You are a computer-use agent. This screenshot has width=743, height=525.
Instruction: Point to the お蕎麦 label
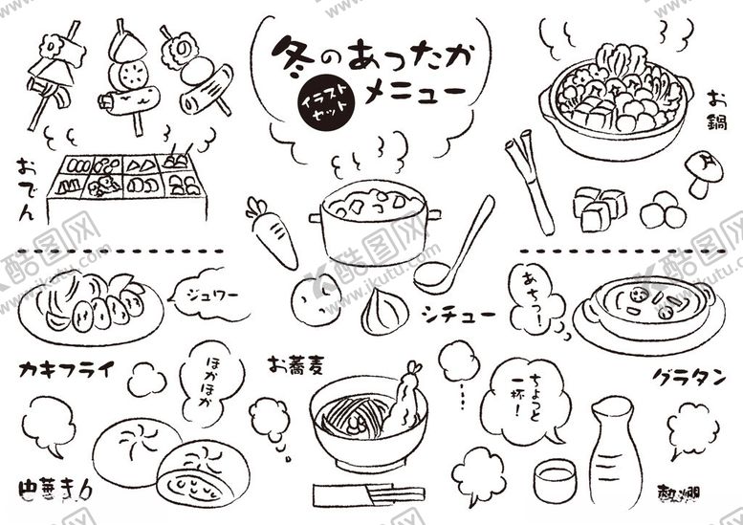click(297, 363)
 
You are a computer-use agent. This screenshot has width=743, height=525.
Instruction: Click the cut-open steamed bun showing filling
click(203, 473)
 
